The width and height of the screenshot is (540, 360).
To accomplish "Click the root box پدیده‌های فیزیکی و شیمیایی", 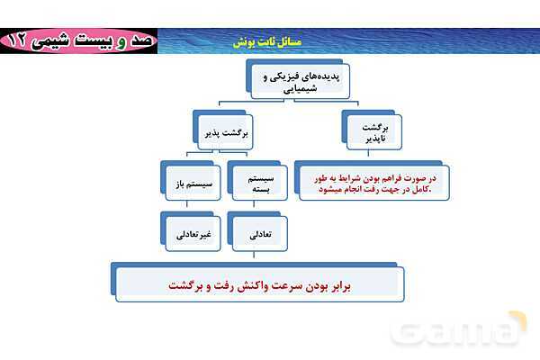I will click(x=292, y=83).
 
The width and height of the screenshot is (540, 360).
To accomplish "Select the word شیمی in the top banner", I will click(x=64, y=41).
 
